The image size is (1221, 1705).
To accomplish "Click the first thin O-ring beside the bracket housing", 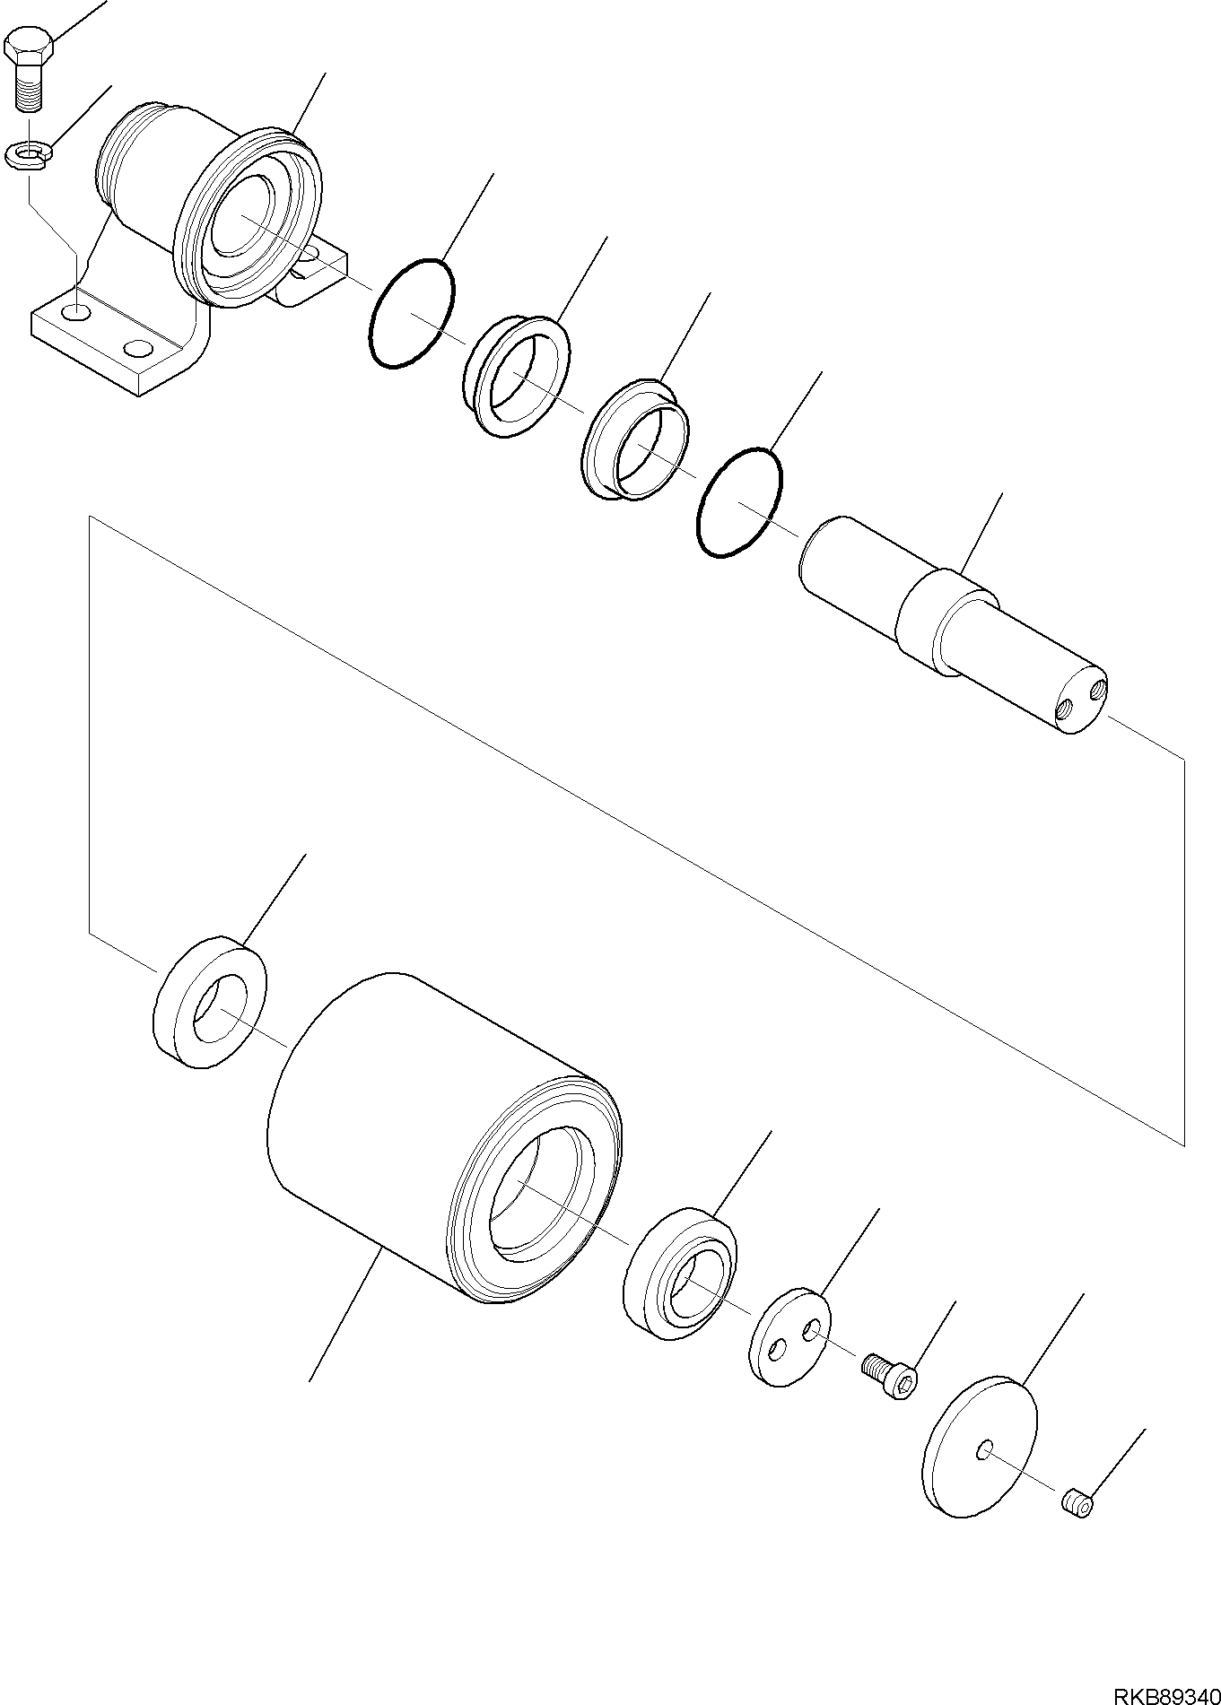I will pos(412,313).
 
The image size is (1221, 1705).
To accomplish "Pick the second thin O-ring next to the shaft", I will pos(739,502).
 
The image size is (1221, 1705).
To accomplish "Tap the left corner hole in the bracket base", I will pos(79,313).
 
